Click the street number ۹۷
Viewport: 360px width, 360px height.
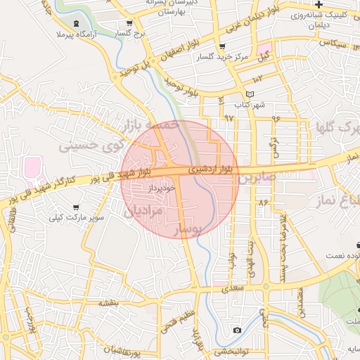pyautogui.click(x=229, y=117)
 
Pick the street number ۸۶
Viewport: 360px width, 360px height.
pyautogui.click(x=264, y=202)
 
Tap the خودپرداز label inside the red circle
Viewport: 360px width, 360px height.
pyautogui.click(x=146, y=189)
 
